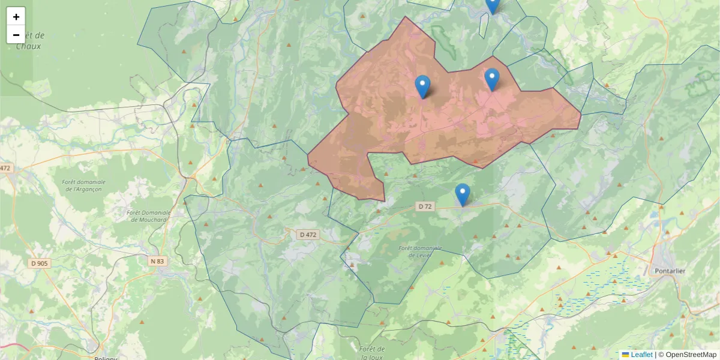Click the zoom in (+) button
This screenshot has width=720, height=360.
(16, 17)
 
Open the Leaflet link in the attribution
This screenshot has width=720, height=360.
(641, 355)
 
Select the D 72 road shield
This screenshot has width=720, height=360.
(425, 206)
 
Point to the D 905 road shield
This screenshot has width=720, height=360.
(40, 263)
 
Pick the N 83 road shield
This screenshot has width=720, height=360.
(157, 261)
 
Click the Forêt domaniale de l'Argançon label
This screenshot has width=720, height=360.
(83, 185)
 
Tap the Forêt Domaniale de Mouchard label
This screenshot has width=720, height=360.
(149, 216)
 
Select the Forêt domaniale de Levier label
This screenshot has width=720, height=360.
(420, 251)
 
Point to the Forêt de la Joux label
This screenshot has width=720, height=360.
(372, 353)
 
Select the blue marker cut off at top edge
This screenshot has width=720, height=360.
(492, 5)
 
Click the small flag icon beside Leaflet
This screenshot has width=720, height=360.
(625, 355)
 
